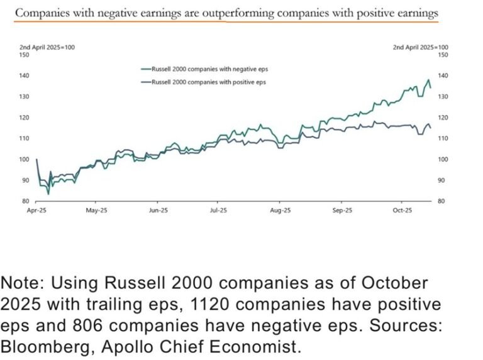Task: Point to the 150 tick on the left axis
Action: (25, 55)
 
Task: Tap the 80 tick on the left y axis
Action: (26, 201)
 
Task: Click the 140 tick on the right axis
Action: (442, 75)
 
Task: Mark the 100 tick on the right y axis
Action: (442, 159)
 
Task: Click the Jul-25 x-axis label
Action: (218, 211)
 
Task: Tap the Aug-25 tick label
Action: (280, 211)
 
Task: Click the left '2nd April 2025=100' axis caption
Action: (47, 47)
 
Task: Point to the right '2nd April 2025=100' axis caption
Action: (420, 47)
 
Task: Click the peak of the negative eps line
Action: (429, 80)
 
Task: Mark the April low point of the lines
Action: (48, 194)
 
